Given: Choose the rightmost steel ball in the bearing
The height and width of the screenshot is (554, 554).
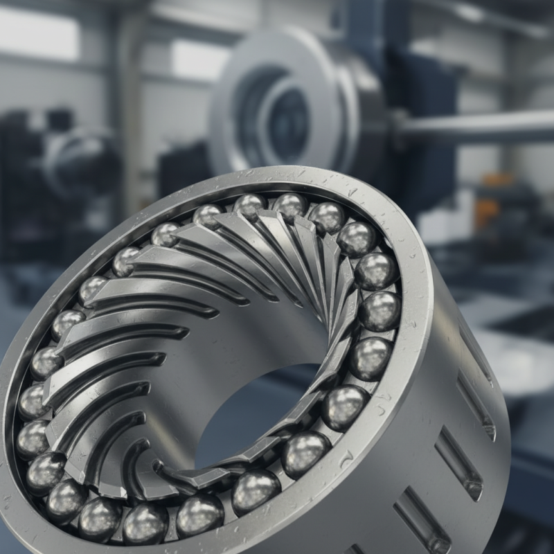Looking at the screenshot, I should point(379,311).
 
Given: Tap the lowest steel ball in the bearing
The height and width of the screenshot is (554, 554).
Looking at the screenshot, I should point(145,523).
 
